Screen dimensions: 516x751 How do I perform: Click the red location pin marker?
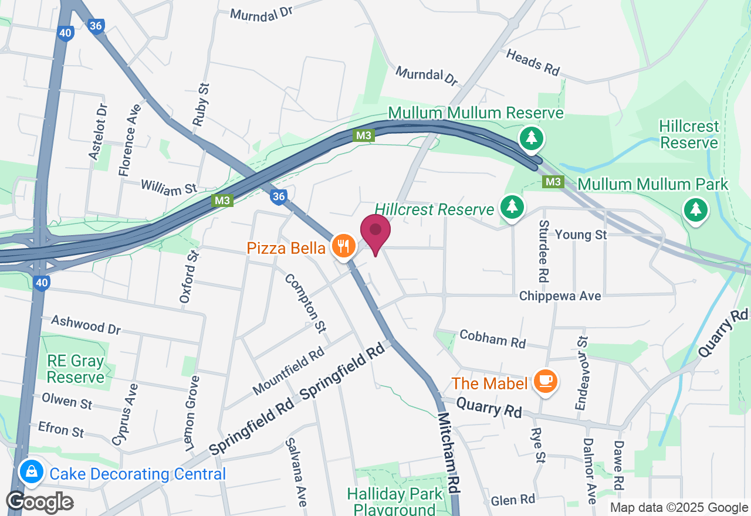(x=375, y=233)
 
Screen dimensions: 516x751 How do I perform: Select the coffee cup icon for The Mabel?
(x=546, y=381)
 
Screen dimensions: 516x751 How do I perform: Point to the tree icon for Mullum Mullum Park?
(x=695, y=209)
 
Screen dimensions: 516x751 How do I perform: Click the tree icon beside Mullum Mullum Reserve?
(x=531, y=138)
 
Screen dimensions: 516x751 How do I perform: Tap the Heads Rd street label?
(x=533, y=62)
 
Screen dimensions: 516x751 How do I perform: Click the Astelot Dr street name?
(x=99, y=131)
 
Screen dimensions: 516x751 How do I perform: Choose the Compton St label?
(x=305, y=303)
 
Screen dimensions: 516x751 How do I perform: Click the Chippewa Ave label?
(x=560, y=296)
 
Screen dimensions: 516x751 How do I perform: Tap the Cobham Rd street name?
(x=493, y=338)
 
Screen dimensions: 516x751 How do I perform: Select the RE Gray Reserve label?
(x=75, y=369)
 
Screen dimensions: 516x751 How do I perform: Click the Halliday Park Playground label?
(x=395, y=501)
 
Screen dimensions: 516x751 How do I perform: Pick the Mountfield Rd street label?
(x=289, y=371)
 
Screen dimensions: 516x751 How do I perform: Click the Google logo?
(x=39, y=503)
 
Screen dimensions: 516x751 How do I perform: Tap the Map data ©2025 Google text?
(x=679, y=508)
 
